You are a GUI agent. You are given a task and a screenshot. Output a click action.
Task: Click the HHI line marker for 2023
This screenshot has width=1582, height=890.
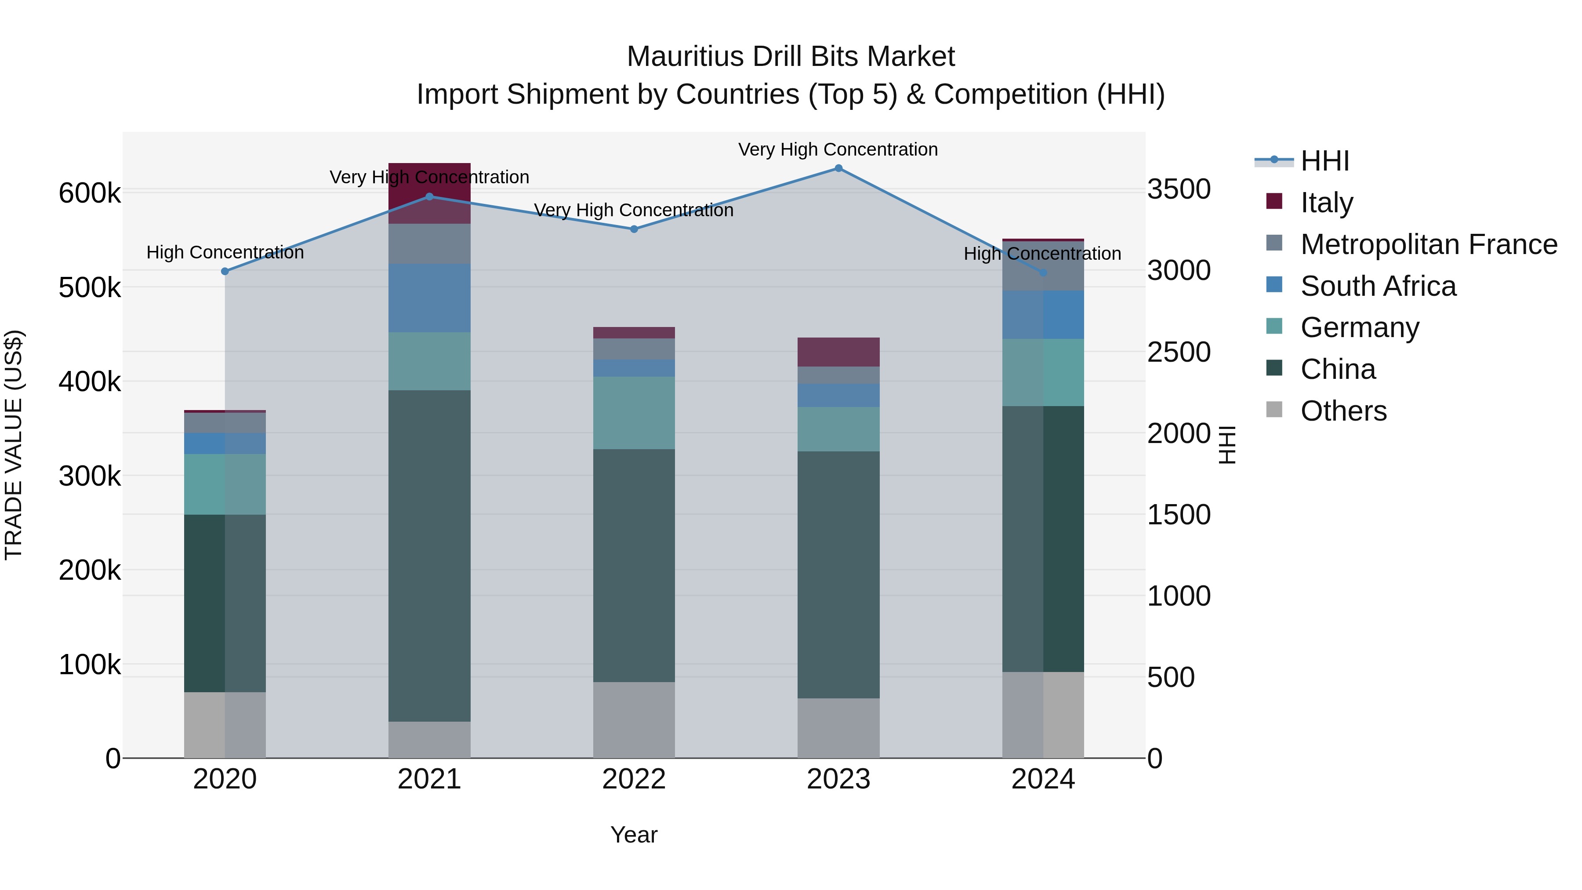coord(838,168)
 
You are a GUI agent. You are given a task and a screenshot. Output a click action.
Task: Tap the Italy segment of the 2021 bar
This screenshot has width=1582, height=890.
coord(429,184)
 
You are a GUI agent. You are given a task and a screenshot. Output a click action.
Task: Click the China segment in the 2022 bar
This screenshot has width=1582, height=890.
coord(634,565)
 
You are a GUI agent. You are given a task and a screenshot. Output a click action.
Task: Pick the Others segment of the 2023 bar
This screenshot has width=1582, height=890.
coord(838,727)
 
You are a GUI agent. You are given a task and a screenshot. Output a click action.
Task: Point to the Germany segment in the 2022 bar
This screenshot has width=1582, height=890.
coord(634,413)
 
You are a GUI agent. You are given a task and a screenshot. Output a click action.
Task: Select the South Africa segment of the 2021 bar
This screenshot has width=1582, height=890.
coord(429,298)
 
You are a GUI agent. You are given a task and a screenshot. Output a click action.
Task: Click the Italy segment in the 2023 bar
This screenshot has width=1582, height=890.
coord(838,352)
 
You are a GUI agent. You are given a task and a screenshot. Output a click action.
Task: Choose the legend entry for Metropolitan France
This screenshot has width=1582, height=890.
coord(1429,244)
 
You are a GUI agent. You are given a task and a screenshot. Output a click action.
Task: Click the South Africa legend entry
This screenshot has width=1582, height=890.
coord(1378,286)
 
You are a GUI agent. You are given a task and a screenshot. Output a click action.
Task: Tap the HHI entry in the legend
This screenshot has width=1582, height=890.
coord(1324,161)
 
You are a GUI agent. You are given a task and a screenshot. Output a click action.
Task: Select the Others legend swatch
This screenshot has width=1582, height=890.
coord(1274,410)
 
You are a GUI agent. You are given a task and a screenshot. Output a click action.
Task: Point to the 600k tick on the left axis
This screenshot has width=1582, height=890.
coord(90,193)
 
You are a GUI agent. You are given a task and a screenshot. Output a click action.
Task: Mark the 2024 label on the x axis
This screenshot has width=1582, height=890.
coord(1043,779)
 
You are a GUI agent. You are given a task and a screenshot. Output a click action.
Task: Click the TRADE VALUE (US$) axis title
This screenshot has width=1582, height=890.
coord(14,445)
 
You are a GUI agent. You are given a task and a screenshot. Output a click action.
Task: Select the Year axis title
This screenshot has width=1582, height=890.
coord(634,835)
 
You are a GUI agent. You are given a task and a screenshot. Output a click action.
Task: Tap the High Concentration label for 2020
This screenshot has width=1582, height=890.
coord(225,252)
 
